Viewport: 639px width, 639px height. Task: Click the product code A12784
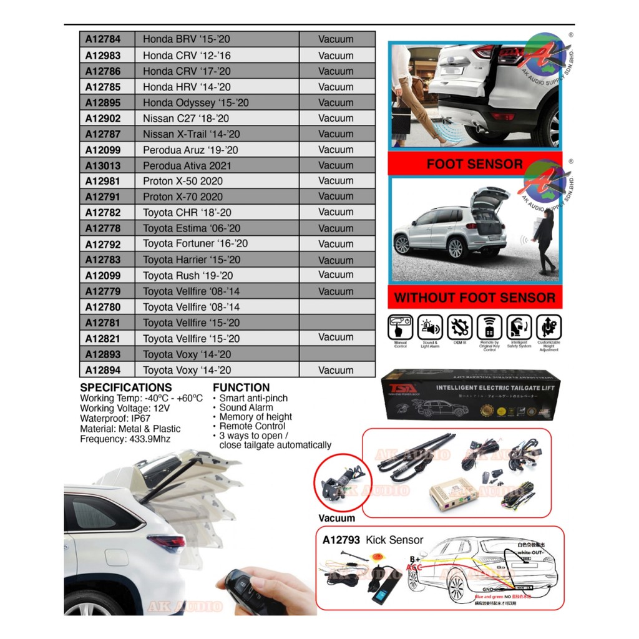click(x=103, y=39)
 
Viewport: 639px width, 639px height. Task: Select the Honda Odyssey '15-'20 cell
click(x=195, y=102)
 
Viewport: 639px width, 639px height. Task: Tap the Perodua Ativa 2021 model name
click(x=187, y=165)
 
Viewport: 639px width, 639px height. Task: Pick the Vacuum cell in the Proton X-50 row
click(x=336, y=181)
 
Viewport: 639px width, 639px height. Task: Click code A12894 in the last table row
click(x=103, y=370)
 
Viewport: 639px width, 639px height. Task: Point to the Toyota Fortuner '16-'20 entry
click(x=195, y=244)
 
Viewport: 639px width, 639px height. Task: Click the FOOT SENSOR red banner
click(x=474, y=164)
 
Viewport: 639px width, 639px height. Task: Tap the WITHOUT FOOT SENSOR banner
click(x=474, y=298)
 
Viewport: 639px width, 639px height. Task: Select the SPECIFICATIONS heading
click(x=125, y=388)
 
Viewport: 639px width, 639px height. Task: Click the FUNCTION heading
click(x=241, y=388)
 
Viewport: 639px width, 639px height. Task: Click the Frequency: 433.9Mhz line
click(x=124, y=439)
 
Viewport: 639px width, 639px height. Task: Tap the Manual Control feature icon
click(x=401, y=328)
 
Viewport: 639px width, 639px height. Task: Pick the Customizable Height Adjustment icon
click(x=548, y=328)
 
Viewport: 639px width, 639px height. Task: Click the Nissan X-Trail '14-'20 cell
click(x=191, y=134)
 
